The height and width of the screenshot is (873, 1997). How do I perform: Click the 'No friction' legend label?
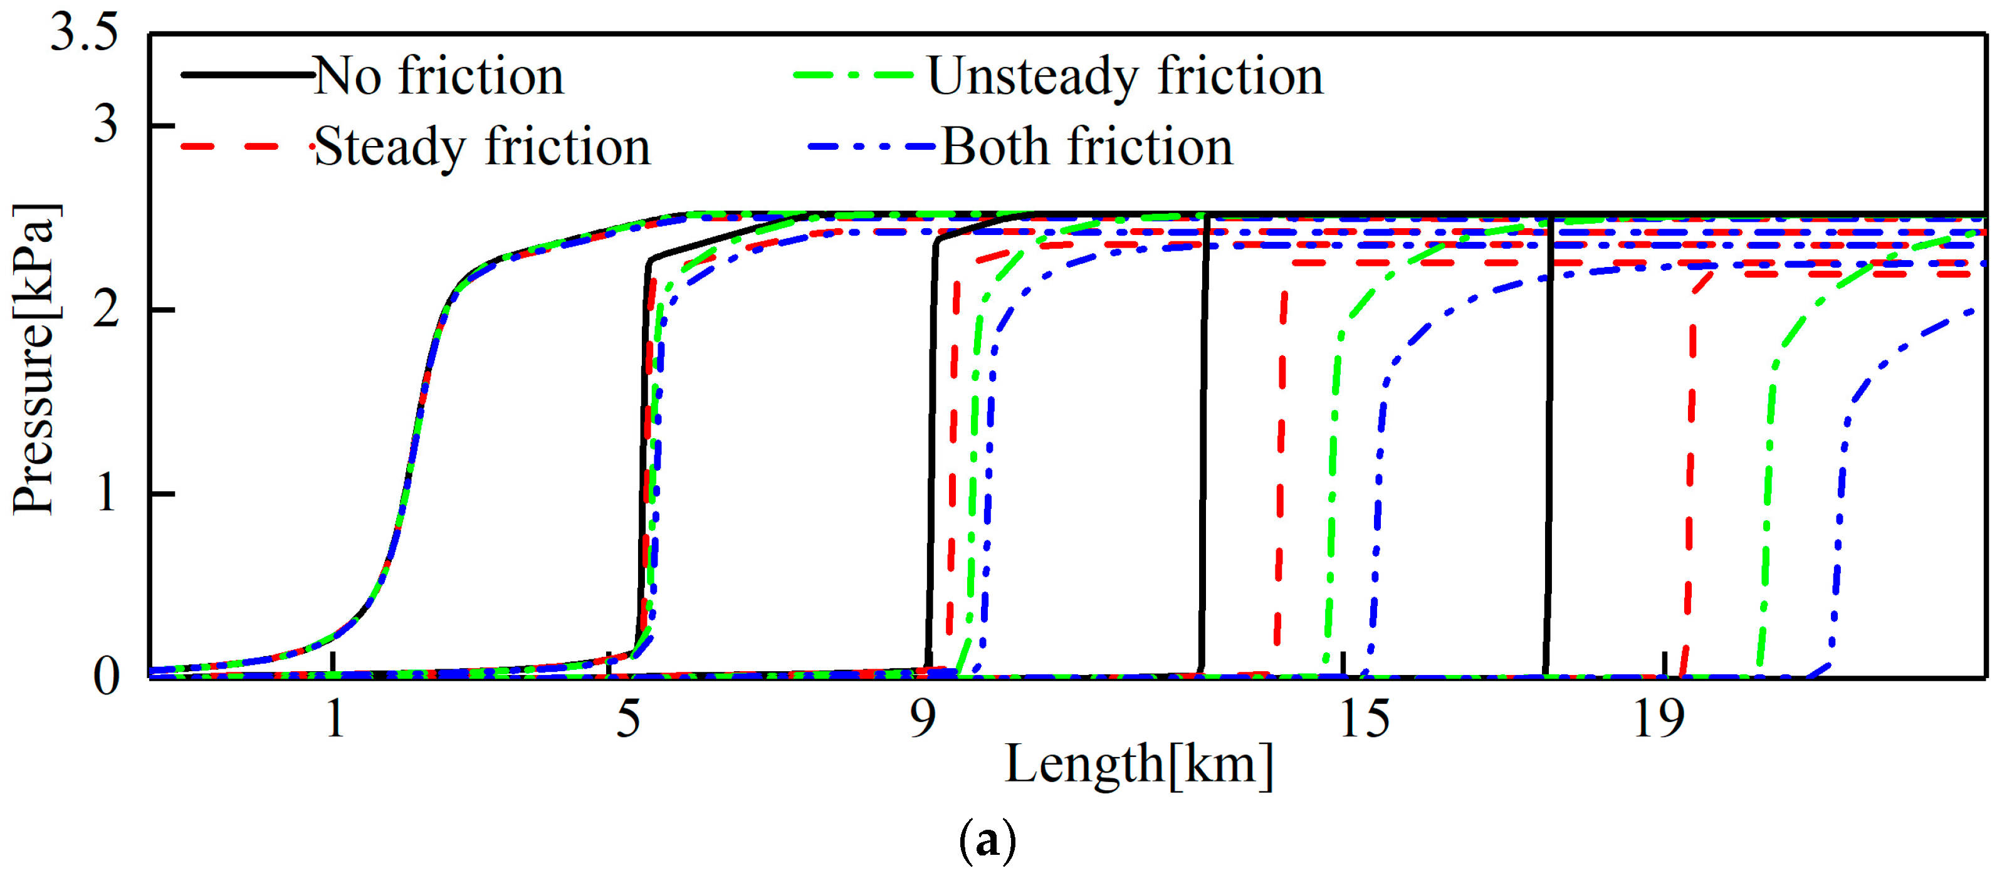[439, 76]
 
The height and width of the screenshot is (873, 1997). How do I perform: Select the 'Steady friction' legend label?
[482, 147]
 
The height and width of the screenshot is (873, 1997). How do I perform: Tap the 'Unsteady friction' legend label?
[1125, 76]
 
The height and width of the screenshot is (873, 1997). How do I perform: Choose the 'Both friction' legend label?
[1087, 147]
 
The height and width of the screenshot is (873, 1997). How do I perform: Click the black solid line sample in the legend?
[246, 75]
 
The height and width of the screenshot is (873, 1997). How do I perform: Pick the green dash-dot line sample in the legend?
[852, 75]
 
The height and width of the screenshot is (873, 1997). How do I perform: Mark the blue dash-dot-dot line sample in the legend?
[871, 146]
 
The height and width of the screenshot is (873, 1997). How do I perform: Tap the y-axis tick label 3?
[105, 124]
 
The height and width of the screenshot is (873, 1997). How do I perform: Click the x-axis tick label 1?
[334, 719]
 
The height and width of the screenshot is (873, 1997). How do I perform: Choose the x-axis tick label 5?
[628, 719]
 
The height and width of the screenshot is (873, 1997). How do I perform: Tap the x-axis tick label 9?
[923, 719]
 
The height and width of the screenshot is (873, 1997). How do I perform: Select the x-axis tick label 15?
[1365, 719]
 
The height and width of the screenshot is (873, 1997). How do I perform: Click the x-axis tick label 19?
[1659, 719]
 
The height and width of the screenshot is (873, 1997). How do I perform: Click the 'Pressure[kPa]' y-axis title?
[35, 359]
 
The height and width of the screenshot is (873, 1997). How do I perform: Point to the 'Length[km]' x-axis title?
[1139, 765]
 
